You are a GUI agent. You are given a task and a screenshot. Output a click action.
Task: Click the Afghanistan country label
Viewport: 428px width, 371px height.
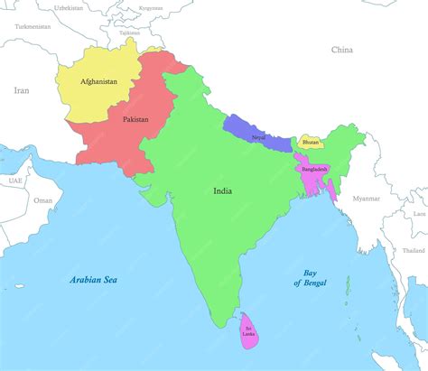98,82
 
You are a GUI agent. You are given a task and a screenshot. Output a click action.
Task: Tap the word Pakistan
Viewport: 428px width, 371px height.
135,119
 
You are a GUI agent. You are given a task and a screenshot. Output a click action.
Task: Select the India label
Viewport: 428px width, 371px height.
222,191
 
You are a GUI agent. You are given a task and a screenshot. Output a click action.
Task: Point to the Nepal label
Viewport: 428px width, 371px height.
259,136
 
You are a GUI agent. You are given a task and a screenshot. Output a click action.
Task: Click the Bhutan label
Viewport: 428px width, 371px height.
311,142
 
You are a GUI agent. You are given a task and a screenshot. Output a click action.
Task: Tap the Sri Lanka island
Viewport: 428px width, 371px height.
247,333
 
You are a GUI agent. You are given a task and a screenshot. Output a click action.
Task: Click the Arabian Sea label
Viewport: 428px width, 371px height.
97,279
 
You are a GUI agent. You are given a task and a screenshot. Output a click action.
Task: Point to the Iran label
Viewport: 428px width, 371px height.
22,90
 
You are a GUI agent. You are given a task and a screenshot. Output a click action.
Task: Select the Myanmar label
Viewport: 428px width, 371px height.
367,198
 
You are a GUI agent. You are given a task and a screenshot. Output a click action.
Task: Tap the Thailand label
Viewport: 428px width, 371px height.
414,250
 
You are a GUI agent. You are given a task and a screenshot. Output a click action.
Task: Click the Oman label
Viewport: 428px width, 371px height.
42,200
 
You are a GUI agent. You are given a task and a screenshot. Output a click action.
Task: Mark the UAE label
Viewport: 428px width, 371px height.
15,181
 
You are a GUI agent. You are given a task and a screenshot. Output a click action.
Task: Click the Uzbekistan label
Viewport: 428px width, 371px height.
68,7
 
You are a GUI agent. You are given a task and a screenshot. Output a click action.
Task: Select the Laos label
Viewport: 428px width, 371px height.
419,214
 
